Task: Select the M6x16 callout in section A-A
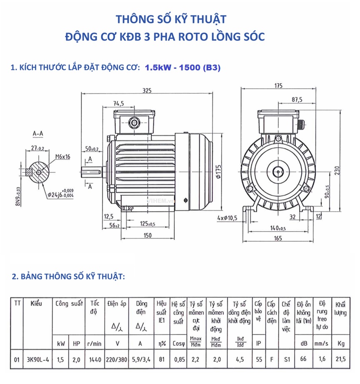tap(62, 157)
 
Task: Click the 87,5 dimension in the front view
tap(297, 100)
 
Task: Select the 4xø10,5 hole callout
tap(227, 218)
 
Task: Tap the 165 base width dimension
tap(278, 238)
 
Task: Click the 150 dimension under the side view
tap(147, 236)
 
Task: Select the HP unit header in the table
tap(76, 344)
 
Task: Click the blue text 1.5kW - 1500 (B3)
tap(182, 67)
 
